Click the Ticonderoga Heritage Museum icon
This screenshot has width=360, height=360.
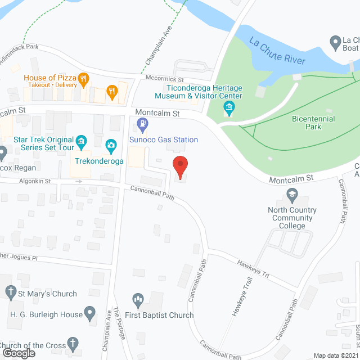(228, 107)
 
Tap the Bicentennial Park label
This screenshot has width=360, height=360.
(313, 123)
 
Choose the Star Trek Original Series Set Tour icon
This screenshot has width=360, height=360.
(82, 139)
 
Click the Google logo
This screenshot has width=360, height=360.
(18, 353)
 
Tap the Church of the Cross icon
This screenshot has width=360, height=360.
(72, 343)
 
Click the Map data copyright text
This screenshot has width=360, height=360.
(336, 355)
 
